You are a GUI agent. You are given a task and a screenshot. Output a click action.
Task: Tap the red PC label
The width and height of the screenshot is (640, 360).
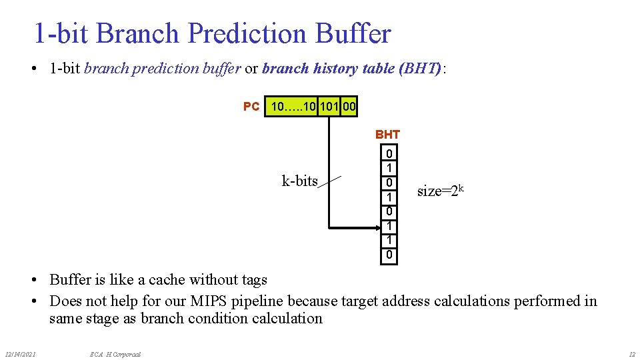251,107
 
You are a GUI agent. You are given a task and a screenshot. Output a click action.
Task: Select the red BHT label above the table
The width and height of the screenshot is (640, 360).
387,135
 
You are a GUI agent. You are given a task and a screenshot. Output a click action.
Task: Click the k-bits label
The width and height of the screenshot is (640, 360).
300,181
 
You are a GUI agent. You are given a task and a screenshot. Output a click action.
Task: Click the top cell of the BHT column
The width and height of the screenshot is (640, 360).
389,153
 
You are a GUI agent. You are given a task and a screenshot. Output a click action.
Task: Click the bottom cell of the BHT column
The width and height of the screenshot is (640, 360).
389,255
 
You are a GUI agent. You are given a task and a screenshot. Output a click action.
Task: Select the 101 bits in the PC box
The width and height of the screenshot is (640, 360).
329,106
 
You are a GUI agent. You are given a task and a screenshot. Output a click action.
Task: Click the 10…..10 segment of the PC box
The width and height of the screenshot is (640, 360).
293,106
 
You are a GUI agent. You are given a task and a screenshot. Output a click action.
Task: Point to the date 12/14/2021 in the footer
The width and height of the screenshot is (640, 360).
20,353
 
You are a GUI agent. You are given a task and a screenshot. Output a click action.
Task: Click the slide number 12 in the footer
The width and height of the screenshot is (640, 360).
631,353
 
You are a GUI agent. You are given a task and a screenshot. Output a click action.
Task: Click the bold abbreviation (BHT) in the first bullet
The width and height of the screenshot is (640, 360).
419,68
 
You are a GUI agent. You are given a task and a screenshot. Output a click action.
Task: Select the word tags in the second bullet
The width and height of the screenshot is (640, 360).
252,280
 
